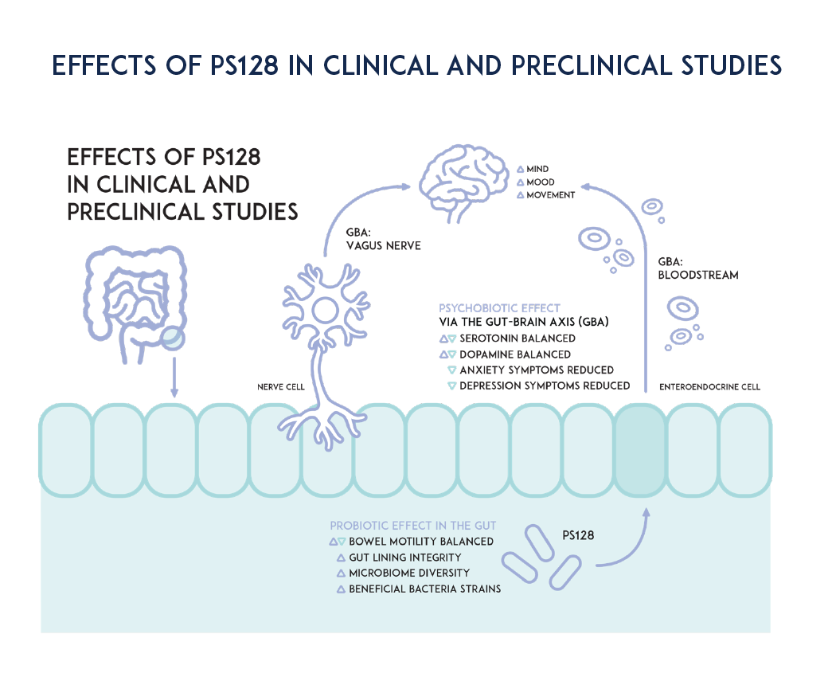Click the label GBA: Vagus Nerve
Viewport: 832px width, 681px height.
coord(383,239)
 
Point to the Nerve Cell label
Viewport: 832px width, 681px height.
coord(281,387)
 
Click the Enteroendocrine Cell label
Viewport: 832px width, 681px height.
coord(709,387)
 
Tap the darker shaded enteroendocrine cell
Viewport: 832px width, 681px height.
coord(640,450)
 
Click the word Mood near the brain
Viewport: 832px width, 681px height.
coord(541,182)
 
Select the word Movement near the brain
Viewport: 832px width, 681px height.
coord(550,195)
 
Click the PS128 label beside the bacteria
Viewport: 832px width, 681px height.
coord(579,536)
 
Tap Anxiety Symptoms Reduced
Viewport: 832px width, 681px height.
coord(537,370)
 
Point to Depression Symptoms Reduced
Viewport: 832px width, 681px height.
coord(545,386)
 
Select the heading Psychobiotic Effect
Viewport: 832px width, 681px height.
coord(499,308)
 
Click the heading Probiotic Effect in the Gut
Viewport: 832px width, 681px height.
coord(413,526)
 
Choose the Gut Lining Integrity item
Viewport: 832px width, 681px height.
coord(404,558)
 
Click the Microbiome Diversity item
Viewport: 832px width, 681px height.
coord(409,573)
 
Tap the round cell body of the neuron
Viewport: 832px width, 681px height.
coord(326,309)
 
